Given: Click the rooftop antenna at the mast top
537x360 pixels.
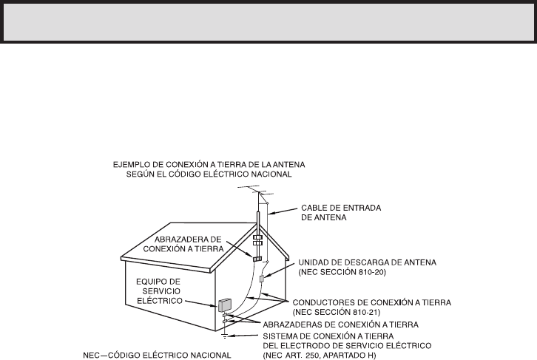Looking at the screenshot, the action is (255, 193).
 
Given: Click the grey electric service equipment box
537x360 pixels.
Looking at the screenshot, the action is (224, 303).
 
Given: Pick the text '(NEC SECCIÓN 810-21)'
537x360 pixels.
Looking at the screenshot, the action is (334, 312).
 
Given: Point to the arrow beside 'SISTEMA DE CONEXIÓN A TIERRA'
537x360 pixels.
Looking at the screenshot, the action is (251, 336).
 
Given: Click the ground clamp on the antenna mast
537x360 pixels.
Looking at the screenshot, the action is (257, 259).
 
